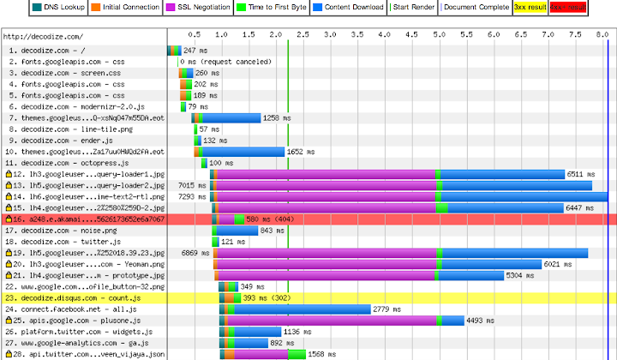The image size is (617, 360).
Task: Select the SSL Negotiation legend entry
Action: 202,7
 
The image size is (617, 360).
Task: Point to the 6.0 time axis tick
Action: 493,37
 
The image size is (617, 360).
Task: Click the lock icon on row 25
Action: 9,320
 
